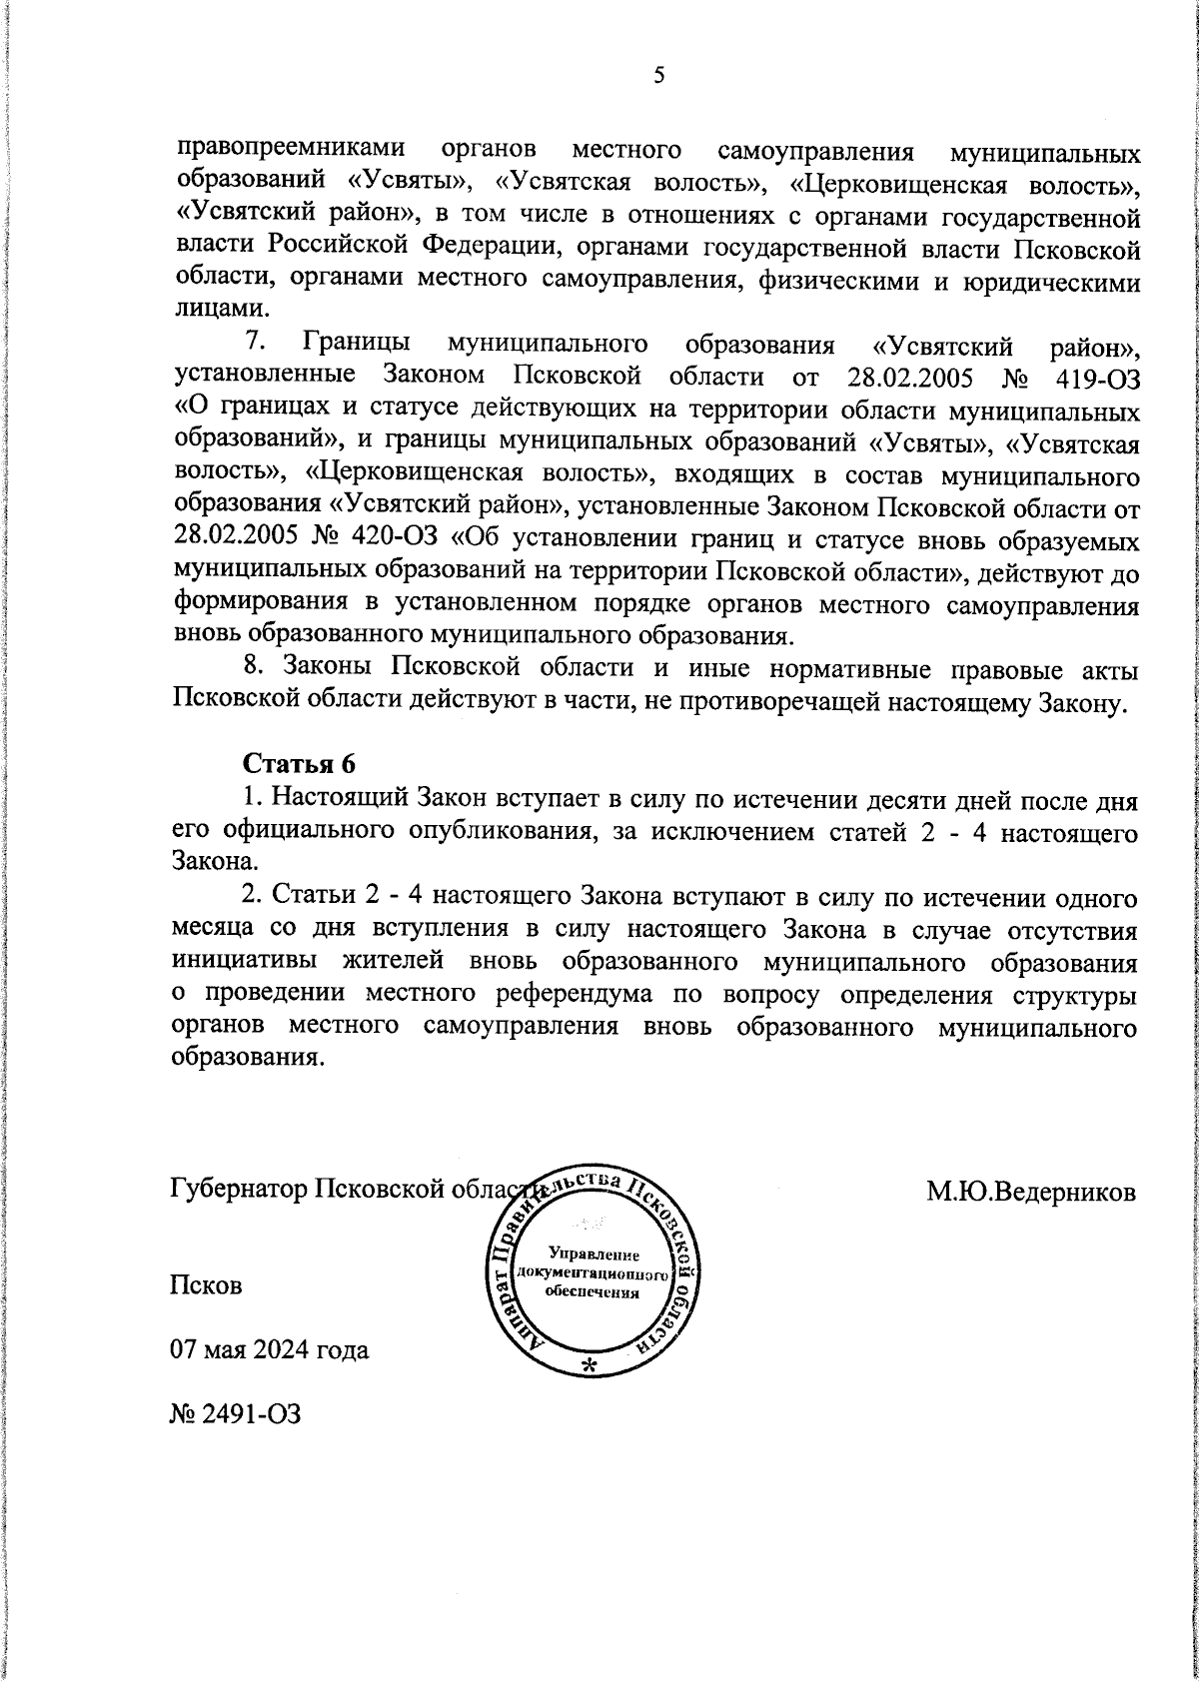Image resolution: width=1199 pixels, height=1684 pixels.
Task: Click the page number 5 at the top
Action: coord(658,76)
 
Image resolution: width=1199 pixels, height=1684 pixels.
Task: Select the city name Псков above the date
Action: coord(207,1285)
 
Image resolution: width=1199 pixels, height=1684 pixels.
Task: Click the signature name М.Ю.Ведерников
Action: coord(1030,1192)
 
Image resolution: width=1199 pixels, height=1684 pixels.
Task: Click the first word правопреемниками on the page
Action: coord(291,150)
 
